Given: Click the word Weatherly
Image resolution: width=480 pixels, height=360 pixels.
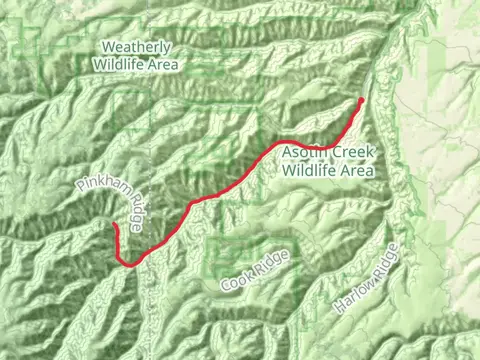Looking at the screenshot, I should [137, 47].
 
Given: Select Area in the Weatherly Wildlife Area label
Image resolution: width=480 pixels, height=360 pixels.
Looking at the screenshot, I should [163, 64].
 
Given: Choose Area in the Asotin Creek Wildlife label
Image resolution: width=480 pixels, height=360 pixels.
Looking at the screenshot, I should [356, 170].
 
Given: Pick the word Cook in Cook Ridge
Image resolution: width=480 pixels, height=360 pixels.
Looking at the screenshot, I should [236, 281].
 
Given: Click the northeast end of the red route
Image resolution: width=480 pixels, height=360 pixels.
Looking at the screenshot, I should [361, 99].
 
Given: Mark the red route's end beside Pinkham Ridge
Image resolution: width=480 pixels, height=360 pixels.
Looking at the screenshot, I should [114, 225].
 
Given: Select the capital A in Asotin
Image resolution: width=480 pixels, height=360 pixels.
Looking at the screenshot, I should [287, 153].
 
